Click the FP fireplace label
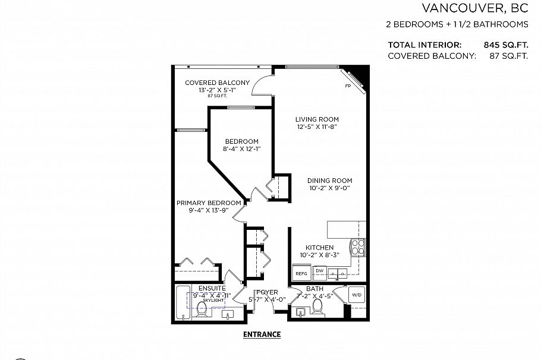(x=348, y=86)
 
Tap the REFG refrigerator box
(x=301, y=273)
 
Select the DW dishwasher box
(x=320, y=271)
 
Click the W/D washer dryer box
(x=357, y=295)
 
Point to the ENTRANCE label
(x=262, y=334)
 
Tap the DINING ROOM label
(x=329, y=181)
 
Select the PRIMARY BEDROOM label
(x=209, y=203)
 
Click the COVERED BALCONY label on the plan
(x=217, y=83)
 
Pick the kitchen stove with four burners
(x=358, y=247)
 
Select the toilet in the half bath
(x=317, y=306)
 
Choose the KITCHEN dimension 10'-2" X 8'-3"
(x=319, y=255)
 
